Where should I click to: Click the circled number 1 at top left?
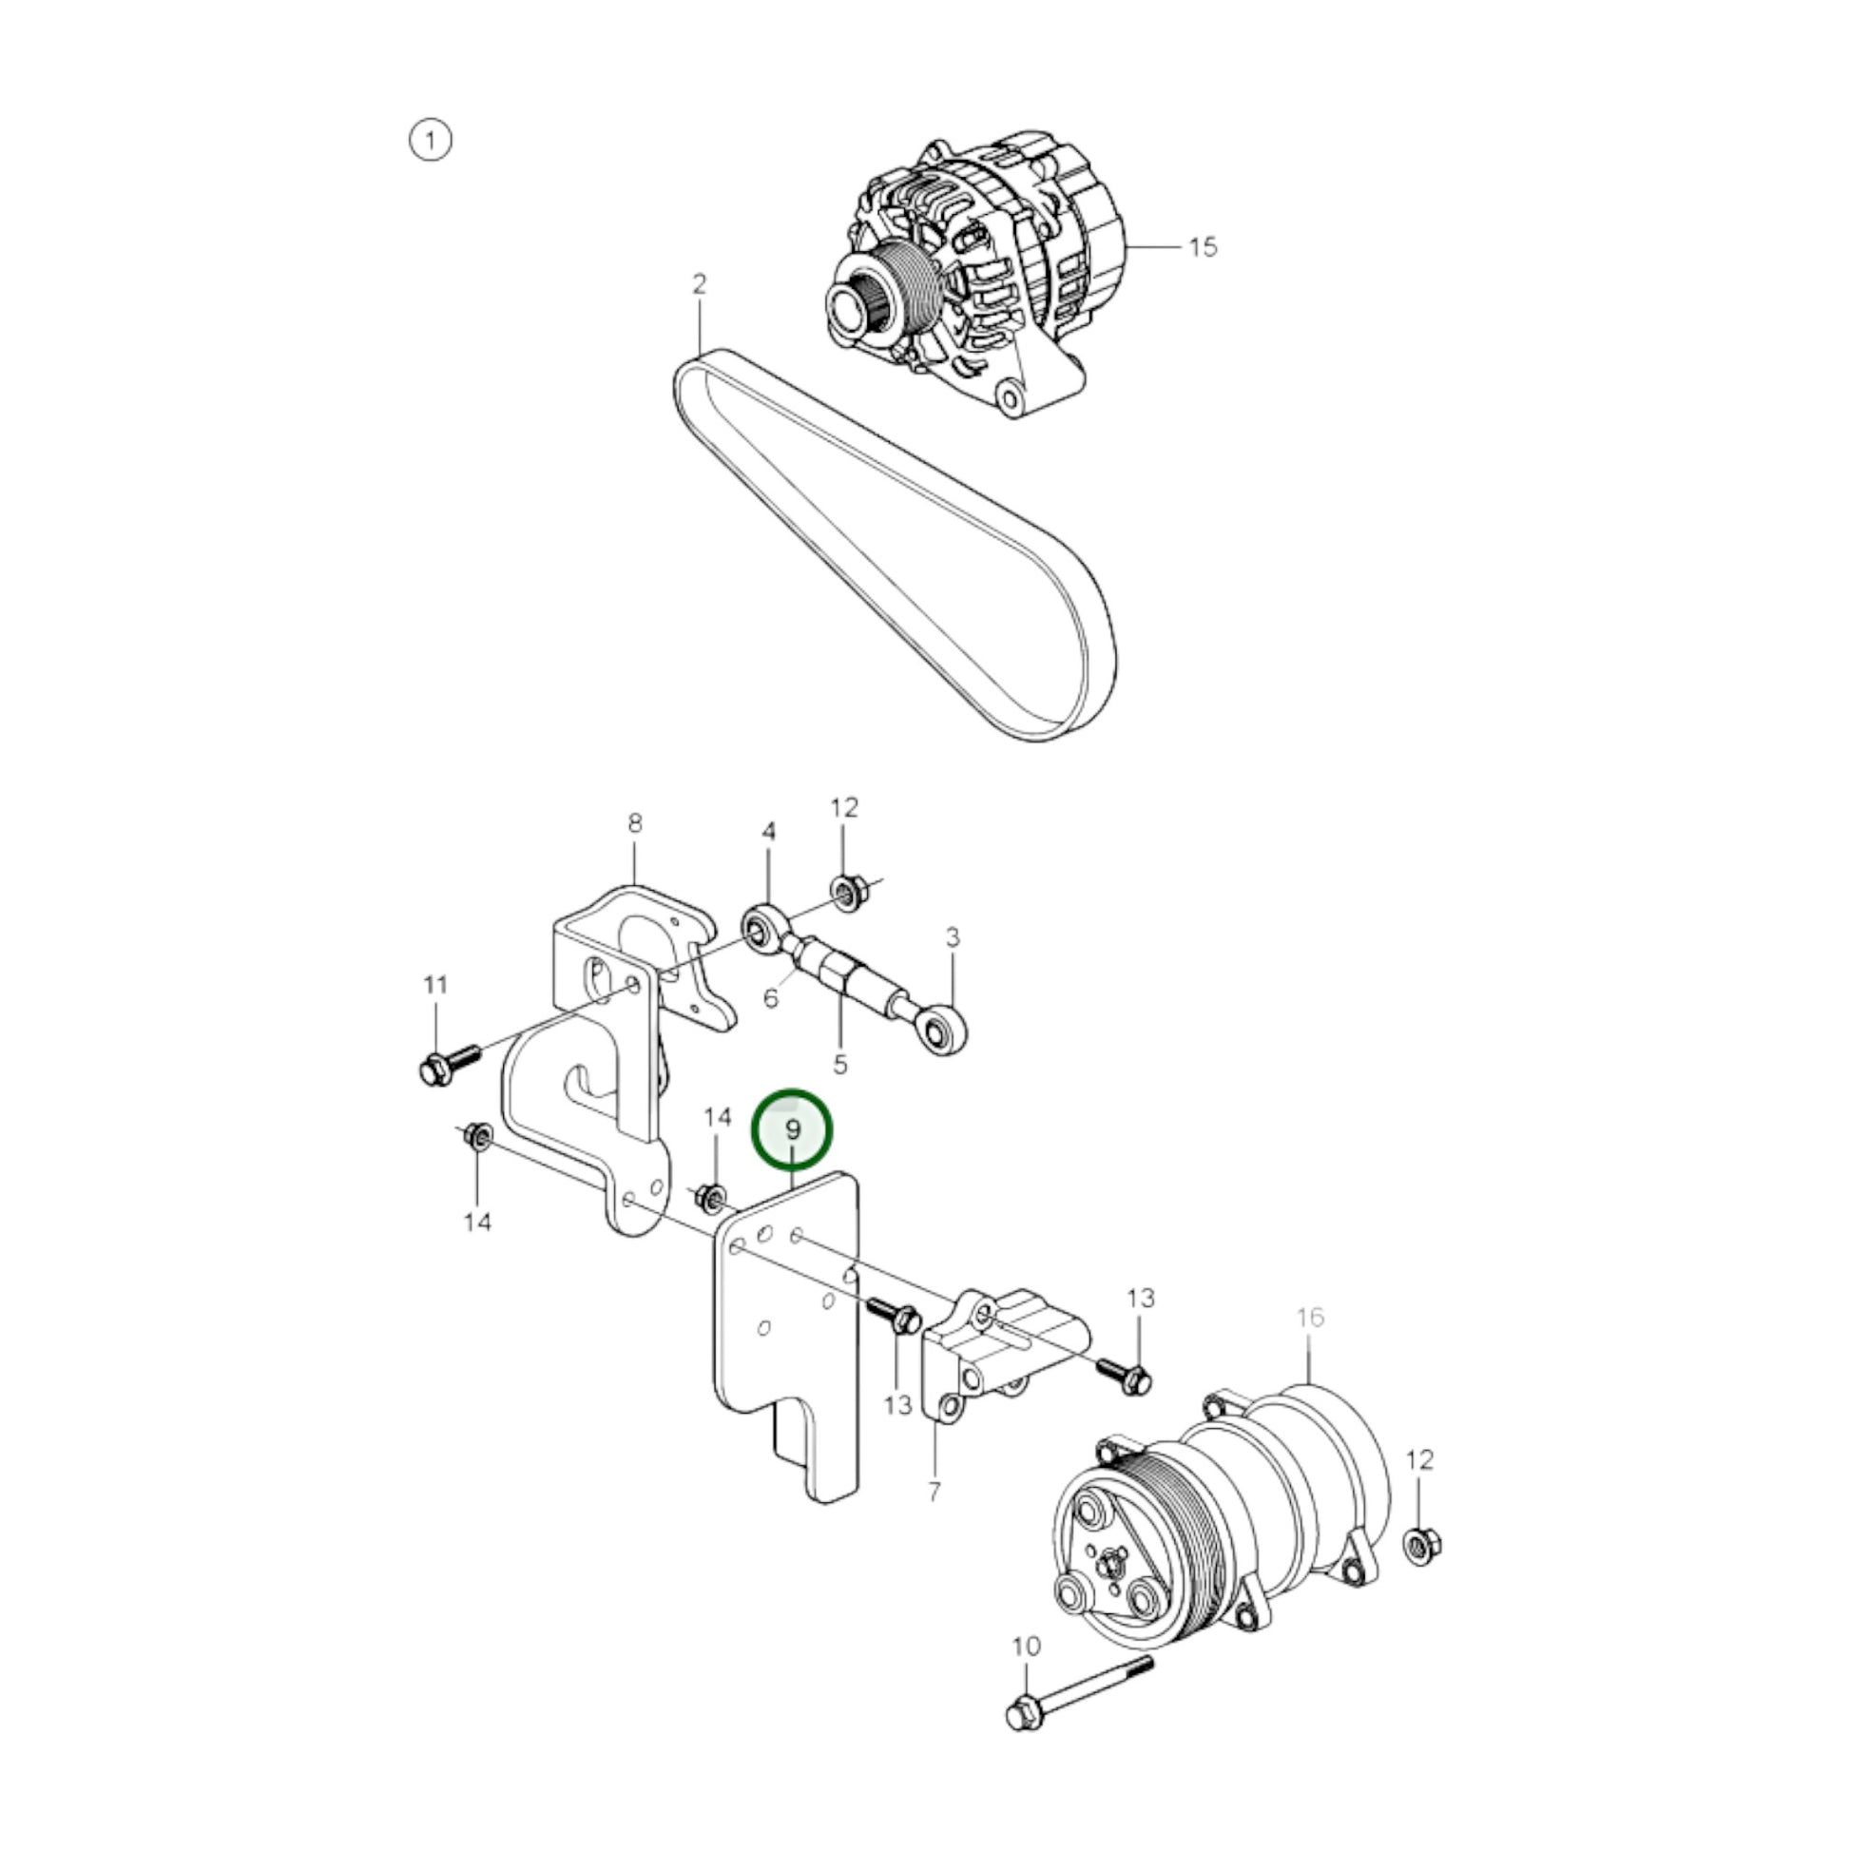(430, 141)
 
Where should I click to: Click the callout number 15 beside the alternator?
(1203, 247)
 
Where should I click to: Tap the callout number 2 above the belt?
(699, 284)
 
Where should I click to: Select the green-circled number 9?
(793, 1130)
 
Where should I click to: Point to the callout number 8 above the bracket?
(635, 822)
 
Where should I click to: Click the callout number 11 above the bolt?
(435, 984)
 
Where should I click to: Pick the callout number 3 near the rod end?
(952, 937)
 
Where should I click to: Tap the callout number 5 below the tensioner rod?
(839, 1064)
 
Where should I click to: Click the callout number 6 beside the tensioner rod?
(771, 999)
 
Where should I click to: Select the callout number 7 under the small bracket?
(935, 1491)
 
